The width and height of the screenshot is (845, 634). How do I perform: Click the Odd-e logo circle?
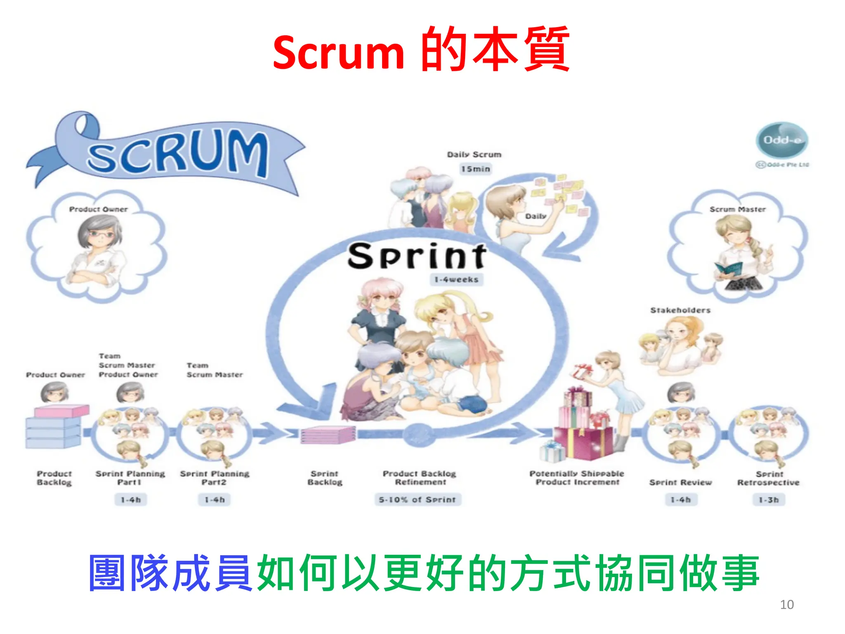coord(781,140)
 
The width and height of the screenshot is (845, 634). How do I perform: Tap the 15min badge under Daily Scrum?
coord(476,169)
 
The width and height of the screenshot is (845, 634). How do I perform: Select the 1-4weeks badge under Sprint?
coord(456,279)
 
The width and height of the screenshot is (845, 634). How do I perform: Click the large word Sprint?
coord(417,256)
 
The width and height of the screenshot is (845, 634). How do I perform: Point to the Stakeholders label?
coord(680,310)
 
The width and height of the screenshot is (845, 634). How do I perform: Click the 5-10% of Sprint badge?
coord(418,499)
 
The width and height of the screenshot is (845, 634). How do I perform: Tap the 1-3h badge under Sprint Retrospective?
coord(769,500)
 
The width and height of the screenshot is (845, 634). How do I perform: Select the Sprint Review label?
coord(680,482)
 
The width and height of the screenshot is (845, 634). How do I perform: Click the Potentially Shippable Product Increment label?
coord(577,478)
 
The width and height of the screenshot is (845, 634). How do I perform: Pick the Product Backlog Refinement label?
coord(420,478)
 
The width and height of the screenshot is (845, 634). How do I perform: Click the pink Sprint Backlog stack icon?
coord(328,435)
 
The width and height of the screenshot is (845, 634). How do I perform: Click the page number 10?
coord(787,604)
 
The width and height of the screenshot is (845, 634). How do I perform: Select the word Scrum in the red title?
coord(338,53)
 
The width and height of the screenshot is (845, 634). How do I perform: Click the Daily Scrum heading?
coord(474,154)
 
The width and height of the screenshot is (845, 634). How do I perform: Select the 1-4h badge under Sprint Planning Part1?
coord(131,500)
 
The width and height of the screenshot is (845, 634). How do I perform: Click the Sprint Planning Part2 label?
coord(215,478)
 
